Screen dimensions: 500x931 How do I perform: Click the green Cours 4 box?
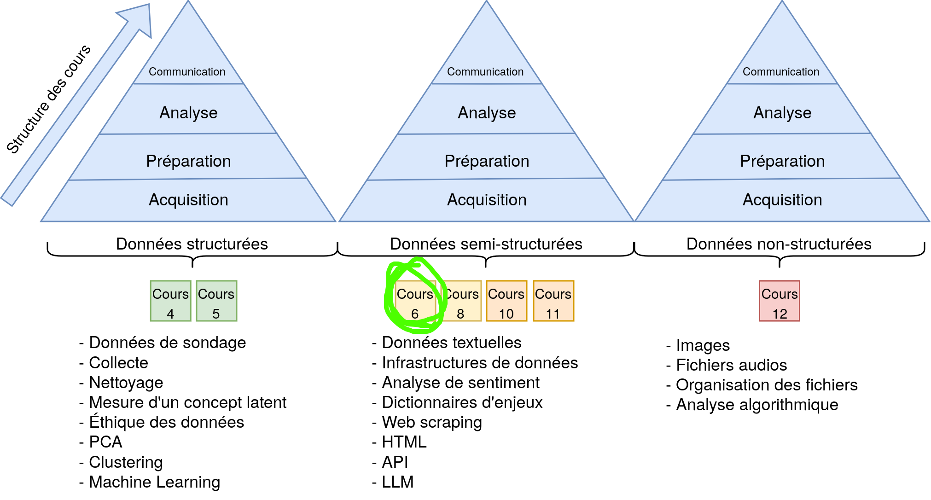170,301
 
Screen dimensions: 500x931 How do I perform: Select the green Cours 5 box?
216,301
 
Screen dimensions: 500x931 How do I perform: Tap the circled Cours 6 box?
415,301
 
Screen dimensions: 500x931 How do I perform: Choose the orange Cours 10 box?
506,301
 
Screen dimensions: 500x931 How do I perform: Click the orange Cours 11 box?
553,301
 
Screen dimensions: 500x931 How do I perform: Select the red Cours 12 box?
780,301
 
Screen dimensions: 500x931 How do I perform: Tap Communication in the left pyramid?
187,72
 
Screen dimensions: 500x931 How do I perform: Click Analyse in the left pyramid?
188,113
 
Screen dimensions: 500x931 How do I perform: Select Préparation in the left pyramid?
188,161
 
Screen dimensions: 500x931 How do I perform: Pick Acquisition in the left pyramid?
188,200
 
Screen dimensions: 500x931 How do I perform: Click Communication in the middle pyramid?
485,72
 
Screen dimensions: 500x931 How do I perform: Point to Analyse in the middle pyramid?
487,113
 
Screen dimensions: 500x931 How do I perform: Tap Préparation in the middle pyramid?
487,161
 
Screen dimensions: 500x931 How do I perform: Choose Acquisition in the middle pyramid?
487,200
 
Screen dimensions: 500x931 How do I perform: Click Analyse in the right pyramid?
782,113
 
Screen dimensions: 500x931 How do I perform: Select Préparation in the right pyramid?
782,161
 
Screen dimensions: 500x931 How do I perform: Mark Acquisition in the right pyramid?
782,200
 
